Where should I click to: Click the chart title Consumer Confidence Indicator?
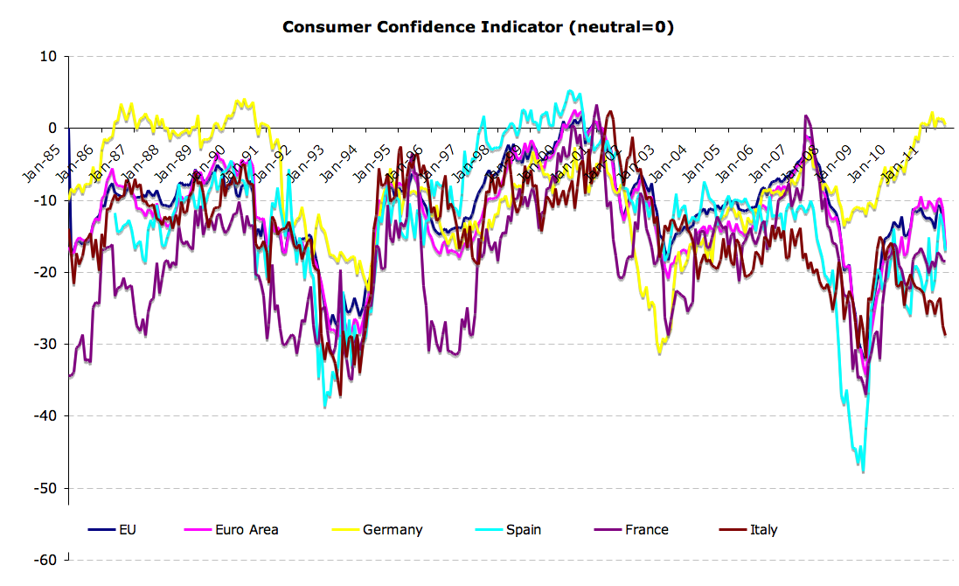[x=478, y=27]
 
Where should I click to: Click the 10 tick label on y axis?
[x=48, y=57]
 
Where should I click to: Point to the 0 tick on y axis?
[x=52, y=129]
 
